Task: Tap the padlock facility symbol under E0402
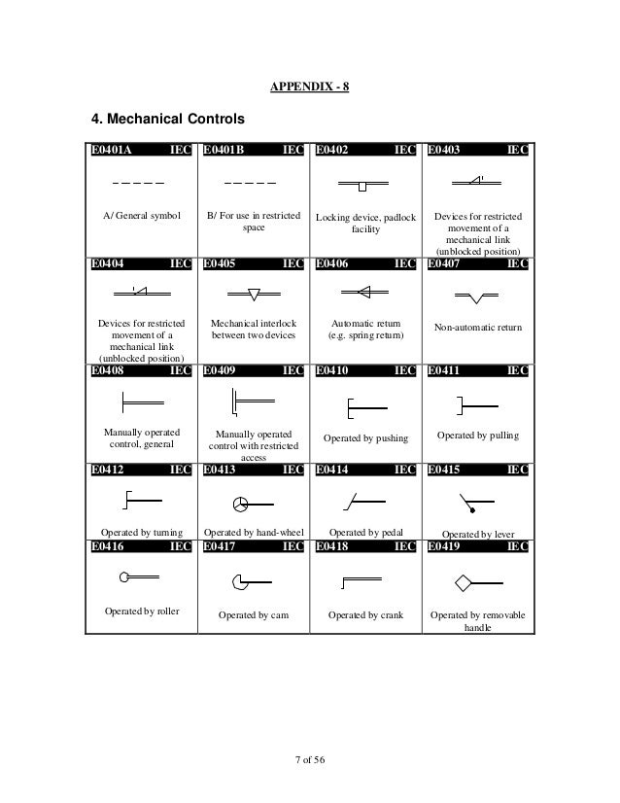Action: (x=361, y=184)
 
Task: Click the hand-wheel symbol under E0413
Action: (x=242, y=503)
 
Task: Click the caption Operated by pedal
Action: (x=364, y=533)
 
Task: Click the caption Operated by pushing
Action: (x=365, y=438)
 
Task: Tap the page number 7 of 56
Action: (x=309, y=759)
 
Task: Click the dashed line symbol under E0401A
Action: (x=137, y=184)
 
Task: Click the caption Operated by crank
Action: (x=365, y=615)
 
